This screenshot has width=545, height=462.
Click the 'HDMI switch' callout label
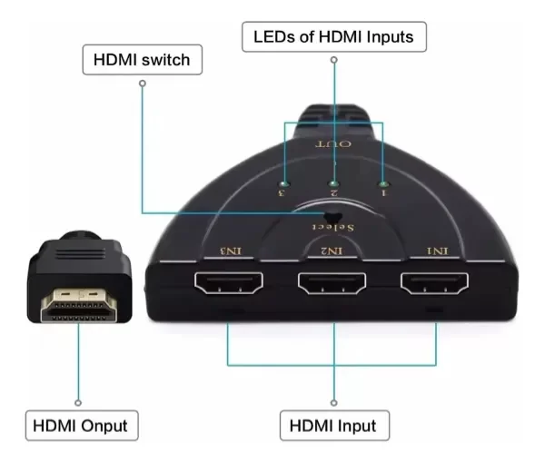pyautogui.click(x=142, y=61)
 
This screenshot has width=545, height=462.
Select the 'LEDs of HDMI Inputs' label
pyautogui.click(x=333, y=37)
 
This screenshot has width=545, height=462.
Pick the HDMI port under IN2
pyautogui.click(x=332, y=288)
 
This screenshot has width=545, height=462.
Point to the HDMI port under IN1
pyautogui.click(x=438, y=288)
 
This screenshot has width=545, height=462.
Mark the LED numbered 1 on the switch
pyautogui.click(x=381, y=182)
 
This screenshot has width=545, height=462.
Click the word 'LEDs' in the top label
pyautogui.click(x=272, y=37)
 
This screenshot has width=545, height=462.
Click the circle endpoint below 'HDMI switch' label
pyautogui.click(x=142, y=83)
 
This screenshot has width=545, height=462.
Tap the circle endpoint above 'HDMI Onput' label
pyautogui.click(x=79, y=401)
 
